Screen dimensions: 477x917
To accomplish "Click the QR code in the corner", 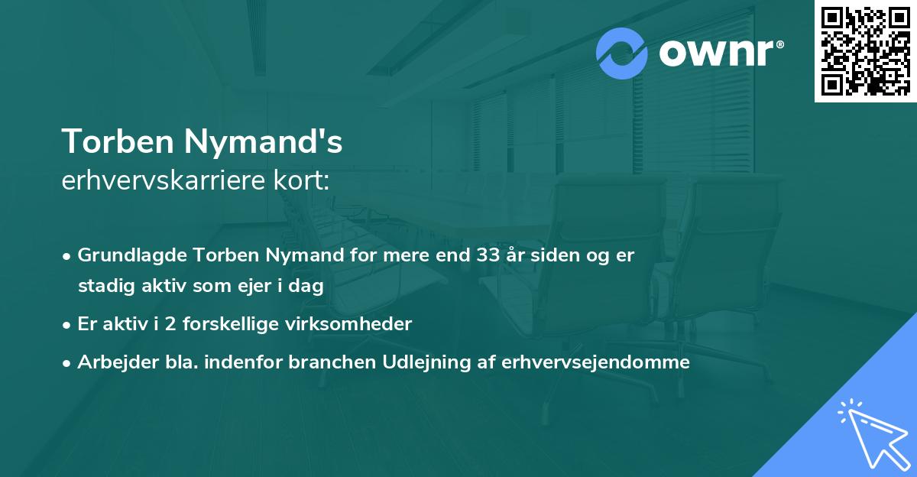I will pyautogui.click(x=865, y=50).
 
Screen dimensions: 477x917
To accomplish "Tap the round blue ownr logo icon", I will pyautogui.click(x=622, y=54).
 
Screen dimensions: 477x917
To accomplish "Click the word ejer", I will pyautogui.click(x=264, y=287).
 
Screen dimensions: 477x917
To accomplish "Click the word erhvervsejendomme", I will pyautogui.click(x=595, y=362).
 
